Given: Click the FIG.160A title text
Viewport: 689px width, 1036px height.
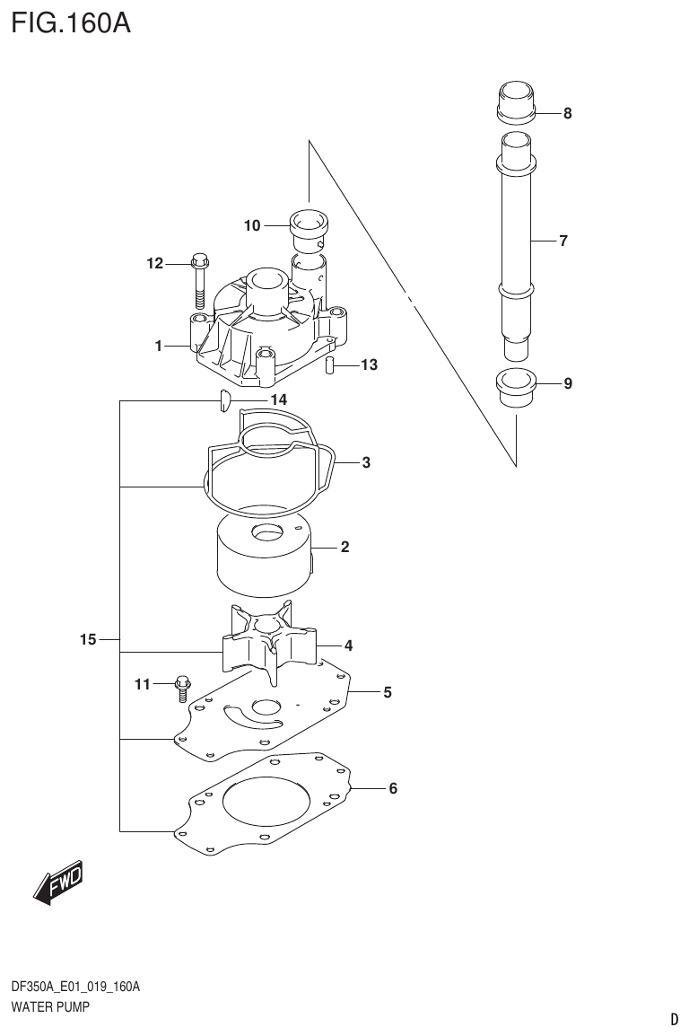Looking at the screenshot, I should pyautogui.click(x=70, y=22).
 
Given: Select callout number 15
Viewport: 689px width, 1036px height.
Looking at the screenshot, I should pyautogui.click(x=87, y=640).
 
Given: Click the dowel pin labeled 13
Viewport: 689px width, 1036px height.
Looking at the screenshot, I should pyautogui.click(x=329, y=365).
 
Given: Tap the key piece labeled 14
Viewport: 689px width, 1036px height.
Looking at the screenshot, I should pyautogui.click(x=225, y=400).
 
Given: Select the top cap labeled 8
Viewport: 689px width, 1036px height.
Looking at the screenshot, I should pyautogui.click(x=515, y=100).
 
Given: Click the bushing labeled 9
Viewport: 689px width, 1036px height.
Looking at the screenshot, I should pyautogui.click(x=515, y=386).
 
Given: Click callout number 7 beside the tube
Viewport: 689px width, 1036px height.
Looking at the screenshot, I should pyautogui.click(x=563, y=241).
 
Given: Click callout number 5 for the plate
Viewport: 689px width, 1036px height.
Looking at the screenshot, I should pyautogui.click(x=387, y=692).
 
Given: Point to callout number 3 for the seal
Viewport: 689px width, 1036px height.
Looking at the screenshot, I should pyautogui.click(x=366, y=463).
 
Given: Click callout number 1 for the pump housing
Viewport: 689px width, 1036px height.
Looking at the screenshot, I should pyautogui.click(x=158, y=346).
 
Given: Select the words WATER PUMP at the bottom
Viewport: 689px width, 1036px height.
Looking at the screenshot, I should pyautogui.click(x=50, y=1007).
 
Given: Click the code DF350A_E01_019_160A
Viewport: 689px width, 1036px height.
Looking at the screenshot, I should pyautogui.click(x=75, y=988).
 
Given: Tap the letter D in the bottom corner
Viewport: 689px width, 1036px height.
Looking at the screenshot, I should pyautogui.click(x=674, y=1019).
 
